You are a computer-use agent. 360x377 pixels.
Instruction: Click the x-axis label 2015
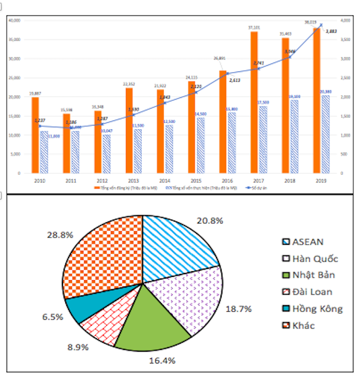191,181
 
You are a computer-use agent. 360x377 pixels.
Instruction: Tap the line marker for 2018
290,57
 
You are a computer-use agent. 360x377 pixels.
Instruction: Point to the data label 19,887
35,93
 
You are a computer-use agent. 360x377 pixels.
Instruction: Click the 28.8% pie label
60,235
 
